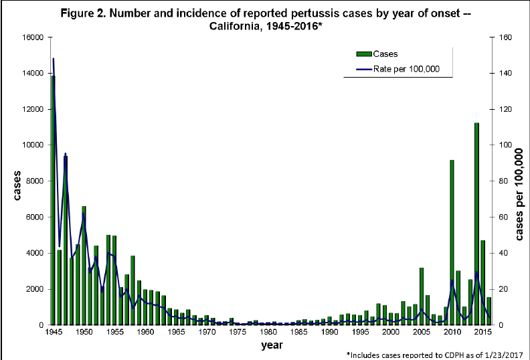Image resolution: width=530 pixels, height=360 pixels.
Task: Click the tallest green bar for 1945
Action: (x=53, y=201)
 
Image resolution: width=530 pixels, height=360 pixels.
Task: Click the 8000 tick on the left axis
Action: (x=35, y=181)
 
